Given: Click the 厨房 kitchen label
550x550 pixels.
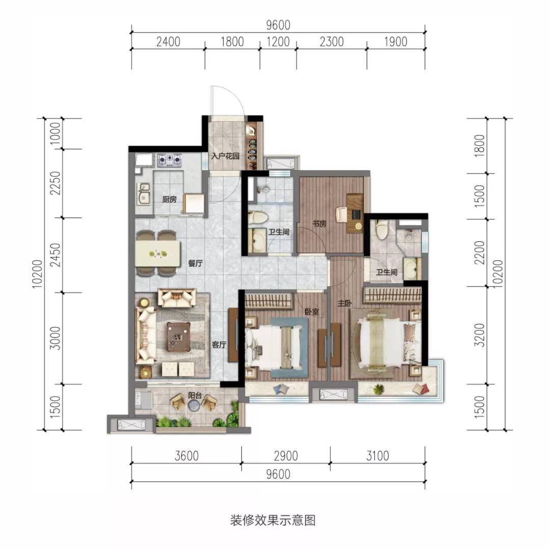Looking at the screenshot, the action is (170, 200).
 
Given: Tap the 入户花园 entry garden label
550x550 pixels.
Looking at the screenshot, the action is (225, 156).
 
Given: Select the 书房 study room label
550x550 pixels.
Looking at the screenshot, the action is (319, 223).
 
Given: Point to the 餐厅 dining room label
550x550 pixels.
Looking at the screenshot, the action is (196, 263).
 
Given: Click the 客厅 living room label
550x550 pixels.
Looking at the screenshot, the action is (218, 344).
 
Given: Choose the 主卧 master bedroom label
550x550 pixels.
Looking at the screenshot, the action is (344, 303).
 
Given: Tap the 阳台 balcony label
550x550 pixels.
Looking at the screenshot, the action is (195, 395).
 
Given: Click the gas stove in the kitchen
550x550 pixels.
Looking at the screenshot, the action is (170, 159).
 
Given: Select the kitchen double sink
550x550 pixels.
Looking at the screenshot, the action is (144, 194).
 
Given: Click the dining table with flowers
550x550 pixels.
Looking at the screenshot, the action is (158, 253).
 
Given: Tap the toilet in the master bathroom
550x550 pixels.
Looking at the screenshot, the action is (380, 230).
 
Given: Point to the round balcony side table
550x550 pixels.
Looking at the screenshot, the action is (194, 406).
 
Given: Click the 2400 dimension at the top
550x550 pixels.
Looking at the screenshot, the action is (169, 42).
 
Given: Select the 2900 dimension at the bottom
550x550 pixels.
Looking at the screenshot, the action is (286, 456).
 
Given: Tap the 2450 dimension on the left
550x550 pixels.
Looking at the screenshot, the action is (56, 255).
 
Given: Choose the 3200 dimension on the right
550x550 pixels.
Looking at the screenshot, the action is (479, 335).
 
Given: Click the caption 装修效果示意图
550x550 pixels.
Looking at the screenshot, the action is (273, 520).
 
